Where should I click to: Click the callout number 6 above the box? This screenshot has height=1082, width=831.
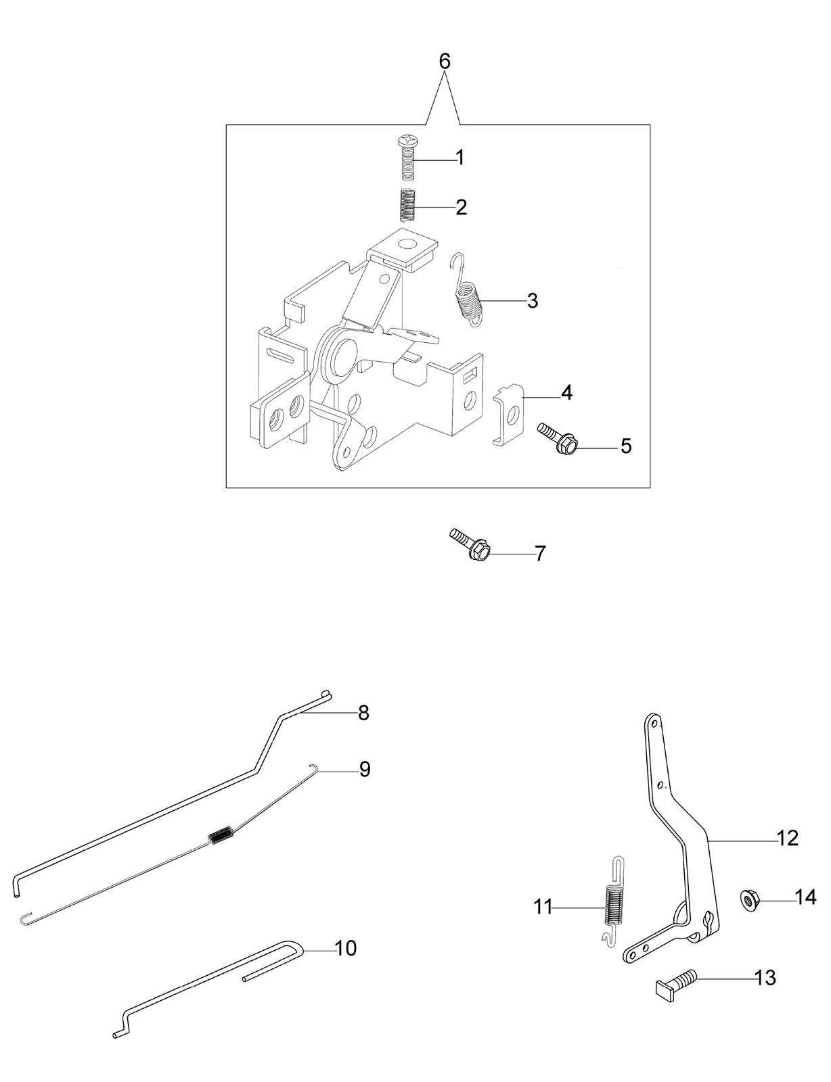click(445, 62)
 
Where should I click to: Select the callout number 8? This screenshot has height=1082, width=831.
click(363, 713)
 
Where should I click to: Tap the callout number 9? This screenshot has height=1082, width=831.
click(365, 770)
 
